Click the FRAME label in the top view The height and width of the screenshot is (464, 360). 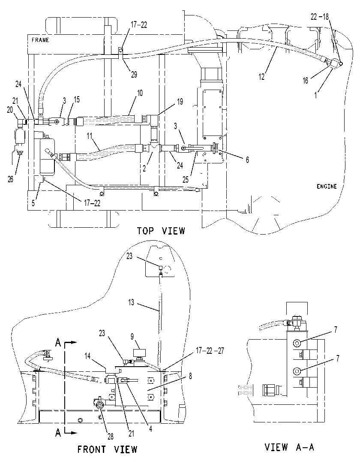tap(40, 40)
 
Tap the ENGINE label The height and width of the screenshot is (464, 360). tap(327, 187)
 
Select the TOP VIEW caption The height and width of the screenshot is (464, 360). tap(161, 231)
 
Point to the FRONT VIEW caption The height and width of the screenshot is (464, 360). tap(108, 449)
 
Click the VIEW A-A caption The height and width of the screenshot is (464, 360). tap(289, 447)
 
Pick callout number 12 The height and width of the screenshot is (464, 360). tap(261, 77)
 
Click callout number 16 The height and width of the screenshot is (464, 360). tap(305, 80)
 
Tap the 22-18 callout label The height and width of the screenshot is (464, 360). tap(319, 17)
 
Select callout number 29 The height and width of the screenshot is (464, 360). tap(134, 74)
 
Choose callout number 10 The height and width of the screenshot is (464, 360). tap(140, 93)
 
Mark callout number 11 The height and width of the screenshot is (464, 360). tap(90, 136)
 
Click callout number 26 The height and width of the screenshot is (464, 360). tap(11, 179)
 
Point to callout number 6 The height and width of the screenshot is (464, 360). tap(247, 160)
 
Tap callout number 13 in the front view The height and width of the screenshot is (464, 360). tap(131, 302)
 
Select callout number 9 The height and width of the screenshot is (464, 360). tap(132, 337)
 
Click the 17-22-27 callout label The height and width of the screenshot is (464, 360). tap(210, 351)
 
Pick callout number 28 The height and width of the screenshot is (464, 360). tap(110, 437)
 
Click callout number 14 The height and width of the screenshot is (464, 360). tap(87, 356)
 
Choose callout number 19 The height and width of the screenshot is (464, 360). tap(180, 102)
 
